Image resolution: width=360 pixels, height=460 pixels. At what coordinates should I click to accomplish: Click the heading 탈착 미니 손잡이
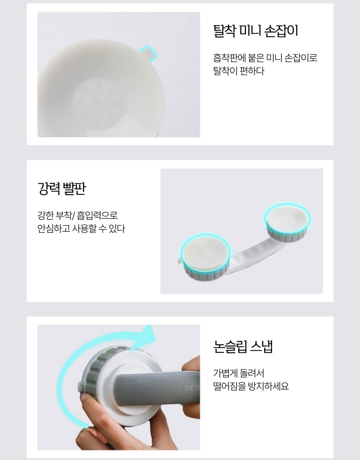(x=255, y=31)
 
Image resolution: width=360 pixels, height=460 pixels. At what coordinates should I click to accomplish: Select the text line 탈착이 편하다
(x=239, y=71)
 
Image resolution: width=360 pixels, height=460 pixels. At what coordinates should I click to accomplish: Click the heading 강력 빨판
(x=62, y=188)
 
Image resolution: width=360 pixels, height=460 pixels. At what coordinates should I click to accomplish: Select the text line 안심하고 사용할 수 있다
(x=81, y=228)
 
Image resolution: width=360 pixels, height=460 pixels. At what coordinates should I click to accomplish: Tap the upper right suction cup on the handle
(x=287, y=223)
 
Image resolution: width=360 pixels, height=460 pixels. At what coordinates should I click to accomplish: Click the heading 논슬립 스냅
(x=243, y=346)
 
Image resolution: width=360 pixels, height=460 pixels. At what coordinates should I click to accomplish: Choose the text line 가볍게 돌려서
(x=239, y=373)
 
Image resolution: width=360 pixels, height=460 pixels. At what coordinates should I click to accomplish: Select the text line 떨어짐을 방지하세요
(x=251, y=386)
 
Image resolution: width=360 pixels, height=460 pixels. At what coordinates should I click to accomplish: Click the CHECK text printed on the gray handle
(x=192, y=389)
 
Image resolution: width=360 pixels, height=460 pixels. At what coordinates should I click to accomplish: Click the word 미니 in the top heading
(x=249, y=31)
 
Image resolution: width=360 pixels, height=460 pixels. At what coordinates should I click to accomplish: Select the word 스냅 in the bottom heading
(x=262, y=346)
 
